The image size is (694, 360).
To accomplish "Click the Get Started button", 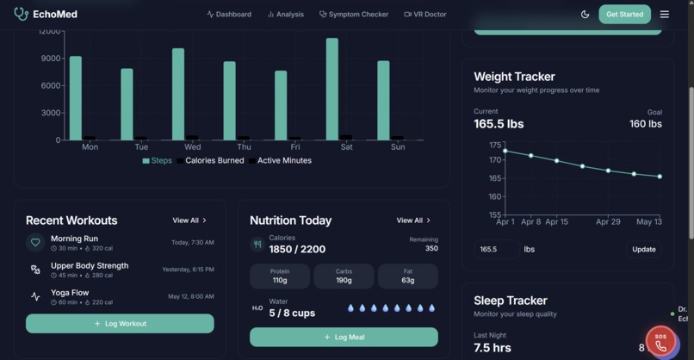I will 624,14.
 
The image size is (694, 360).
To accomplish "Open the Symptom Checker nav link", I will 354,14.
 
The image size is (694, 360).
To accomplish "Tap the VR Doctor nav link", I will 425,14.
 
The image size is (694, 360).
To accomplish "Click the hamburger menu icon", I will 664,14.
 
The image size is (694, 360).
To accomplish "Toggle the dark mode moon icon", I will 586,14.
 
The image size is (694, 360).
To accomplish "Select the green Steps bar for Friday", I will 281,105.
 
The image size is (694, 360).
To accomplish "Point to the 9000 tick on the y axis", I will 51,59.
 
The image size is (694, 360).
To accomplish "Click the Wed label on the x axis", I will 192,147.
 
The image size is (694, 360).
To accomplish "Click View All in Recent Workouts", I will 189,220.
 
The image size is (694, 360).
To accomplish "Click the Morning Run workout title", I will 74,239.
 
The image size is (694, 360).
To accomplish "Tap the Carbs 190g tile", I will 344,276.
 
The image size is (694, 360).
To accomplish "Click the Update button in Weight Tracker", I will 643,249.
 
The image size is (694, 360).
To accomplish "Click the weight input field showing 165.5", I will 496,249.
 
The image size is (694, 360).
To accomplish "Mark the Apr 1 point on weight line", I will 505,151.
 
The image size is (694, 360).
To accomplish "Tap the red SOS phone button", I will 660,343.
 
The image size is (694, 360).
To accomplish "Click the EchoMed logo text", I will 55,14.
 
